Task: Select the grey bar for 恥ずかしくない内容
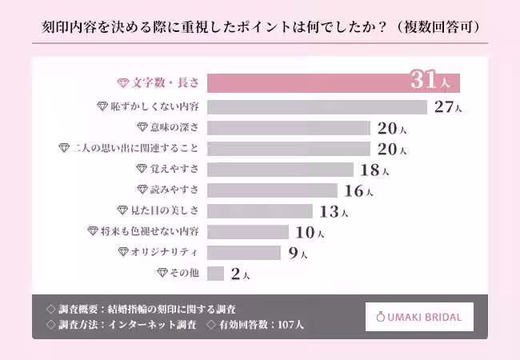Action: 317,106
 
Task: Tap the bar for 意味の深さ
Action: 288,127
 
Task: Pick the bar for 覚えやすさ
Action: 280,170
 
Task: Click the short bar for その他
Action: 215,274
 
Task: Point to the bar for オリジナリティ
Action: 243,253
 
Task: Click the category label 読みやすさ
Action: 175,190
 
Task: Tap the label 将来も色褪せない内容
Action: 150,232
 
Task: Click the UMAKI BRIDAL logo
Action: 419,317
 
